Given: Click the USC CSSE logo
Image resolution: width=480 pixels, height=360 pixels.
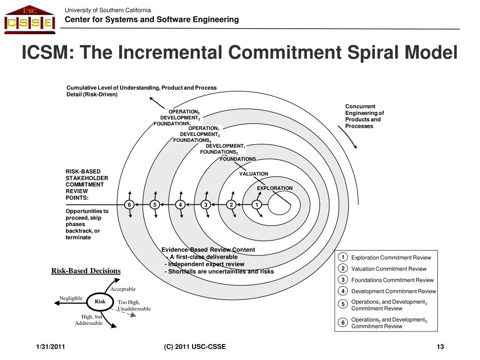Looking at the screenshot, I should (x=30, y=20).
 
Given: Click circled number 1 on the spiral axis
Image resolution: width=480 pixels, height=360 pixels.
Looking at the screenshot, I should (x=256, y=204).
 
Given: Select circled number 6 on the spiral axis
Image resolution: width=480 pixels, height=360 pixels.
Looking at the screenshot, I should (x=129, y=204).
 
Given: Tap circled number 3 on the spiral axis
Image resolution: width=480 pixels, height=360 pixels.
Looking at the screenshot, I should (x=206, y=204).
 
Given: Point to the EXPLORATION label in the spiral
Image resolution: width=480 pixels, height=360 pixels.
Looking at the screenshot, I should (x=274, y=188).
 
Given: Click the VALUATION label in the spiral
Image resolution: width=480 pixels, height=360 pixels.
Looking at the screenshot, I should (x=254, y=174).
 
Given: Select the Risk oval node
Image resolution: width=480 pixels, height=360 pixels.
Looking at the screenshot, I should (x=100, y=302).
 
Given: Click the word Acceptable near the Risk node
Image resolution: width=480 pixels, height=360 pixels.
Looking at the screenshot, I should (x=123, y=289).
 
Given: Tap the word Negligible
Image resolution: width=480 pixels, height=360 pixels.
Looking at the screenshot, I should (x=71, y=299).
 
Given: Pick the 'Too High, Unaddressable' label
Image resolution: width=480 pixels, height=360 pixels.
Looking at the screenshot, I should (x=134, y=306).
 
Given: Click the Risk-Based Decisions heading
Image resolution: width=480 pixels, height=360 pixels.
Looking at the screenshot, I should (x=86, y=271).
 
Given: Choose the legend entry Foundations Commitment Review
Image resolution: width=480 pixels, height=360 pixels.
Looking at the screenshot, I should (x=392, y=280).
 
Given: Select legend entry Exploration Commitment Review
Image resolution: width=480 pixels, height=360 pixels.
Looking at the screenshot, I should (x=391, y=258).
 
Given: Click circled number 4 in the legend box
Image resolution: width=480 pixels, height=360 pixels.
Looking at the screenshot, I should (x=343, y=291).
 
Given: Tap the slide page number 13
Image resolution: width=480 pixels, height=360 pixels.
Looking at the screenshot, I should (x=440, y=347).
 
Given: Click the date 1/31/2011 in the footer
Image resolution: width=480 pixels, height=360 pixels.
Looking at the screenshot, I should (x=51, y=347).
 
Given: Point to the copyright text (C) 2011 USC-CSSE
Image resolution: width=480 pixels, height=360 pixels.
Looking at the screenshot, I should (x=195, y=347).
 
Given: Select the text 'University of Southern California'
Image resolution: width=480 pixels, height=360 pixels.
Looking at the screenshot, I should (x=108, y=10).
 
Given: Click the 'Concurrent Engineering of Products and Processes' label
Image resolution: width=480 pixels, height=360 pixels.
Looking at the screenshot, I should (x=364, y=116).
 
